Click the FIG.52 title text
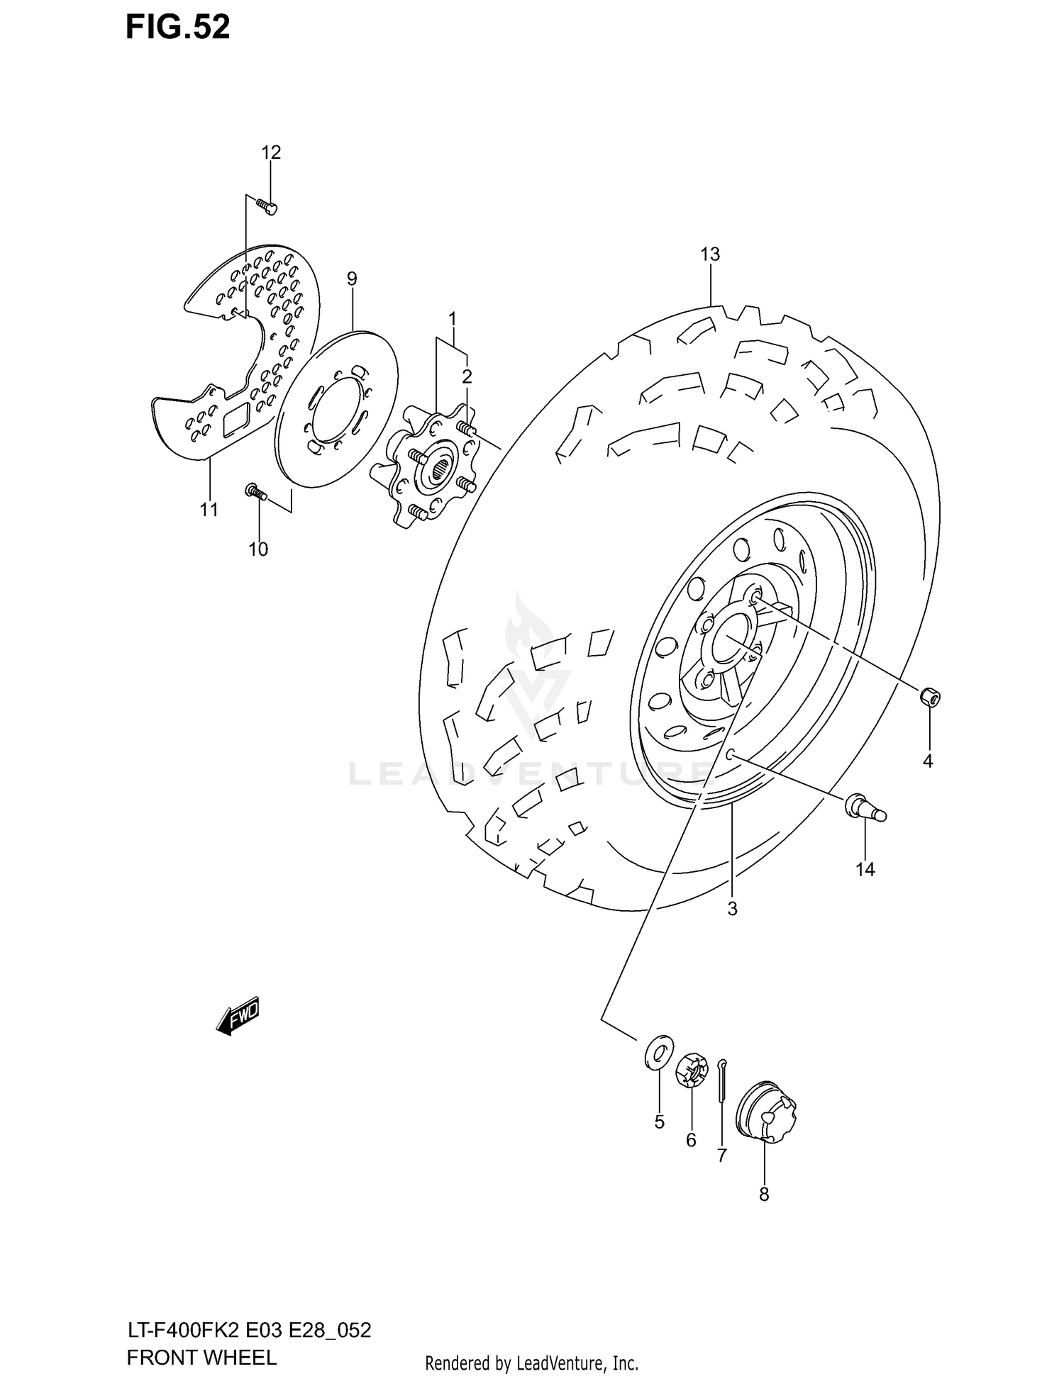point(177,27)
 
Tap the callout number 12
point(271,152)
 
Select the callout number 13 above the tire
point(710,254)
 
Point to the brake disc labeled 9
point(337,409)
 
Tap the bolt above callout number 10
point(255,491)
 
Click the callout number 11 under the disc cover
point(209,509)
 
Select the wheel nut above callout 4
point(930,696)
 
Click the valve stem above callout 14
point(864,809)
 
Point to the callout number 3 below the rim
point(732,908)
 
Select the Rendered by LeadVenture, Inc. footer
point(532,1363)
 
